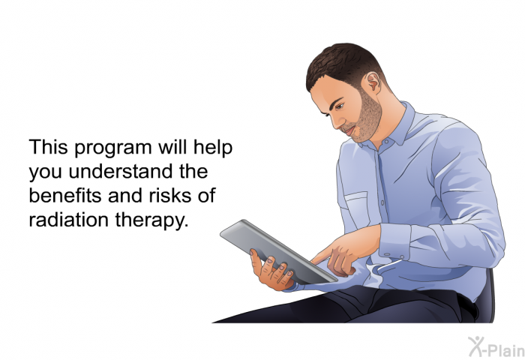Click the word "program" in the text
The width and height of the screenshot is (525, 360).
(x=113, y=148)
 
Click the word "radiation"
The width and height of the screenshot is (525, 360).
(x=69, y=220)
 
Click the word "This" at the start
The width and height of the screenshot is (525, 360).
(x=48, y=147)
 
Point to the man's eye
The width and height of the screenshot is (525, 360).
(x=339, y=106)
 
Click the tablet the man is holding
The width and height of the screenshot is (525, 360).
(x=278, y=252)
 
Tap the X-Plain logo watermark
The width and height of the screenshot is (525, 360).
(x=496, y=346)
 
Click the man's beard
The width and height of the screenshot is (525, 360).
(x=366, y=117)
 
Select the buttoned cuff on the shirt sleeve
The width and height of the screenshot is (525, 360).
(x=395, y=241)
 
